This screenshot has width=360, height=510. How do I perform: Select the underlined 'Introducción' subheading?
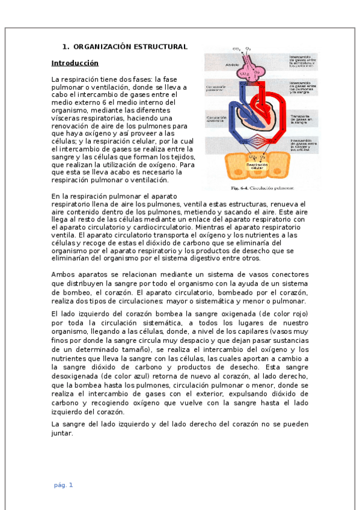[x=75, y=63]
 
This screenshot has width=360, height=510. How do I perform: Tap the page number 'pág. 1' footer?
[x=63, y=485]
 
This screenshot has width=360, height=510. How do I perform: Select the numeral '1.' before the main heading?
[x=66, y=47]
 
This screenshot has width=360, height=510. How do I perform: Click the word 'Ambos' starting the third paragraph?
[x=63, y=275]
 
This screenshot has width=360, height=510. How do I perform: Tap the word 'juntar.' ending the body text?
[x=62, y=432]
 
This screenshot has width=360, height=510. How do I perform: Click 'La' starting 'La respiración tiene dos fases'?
[x=55, y=79]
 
